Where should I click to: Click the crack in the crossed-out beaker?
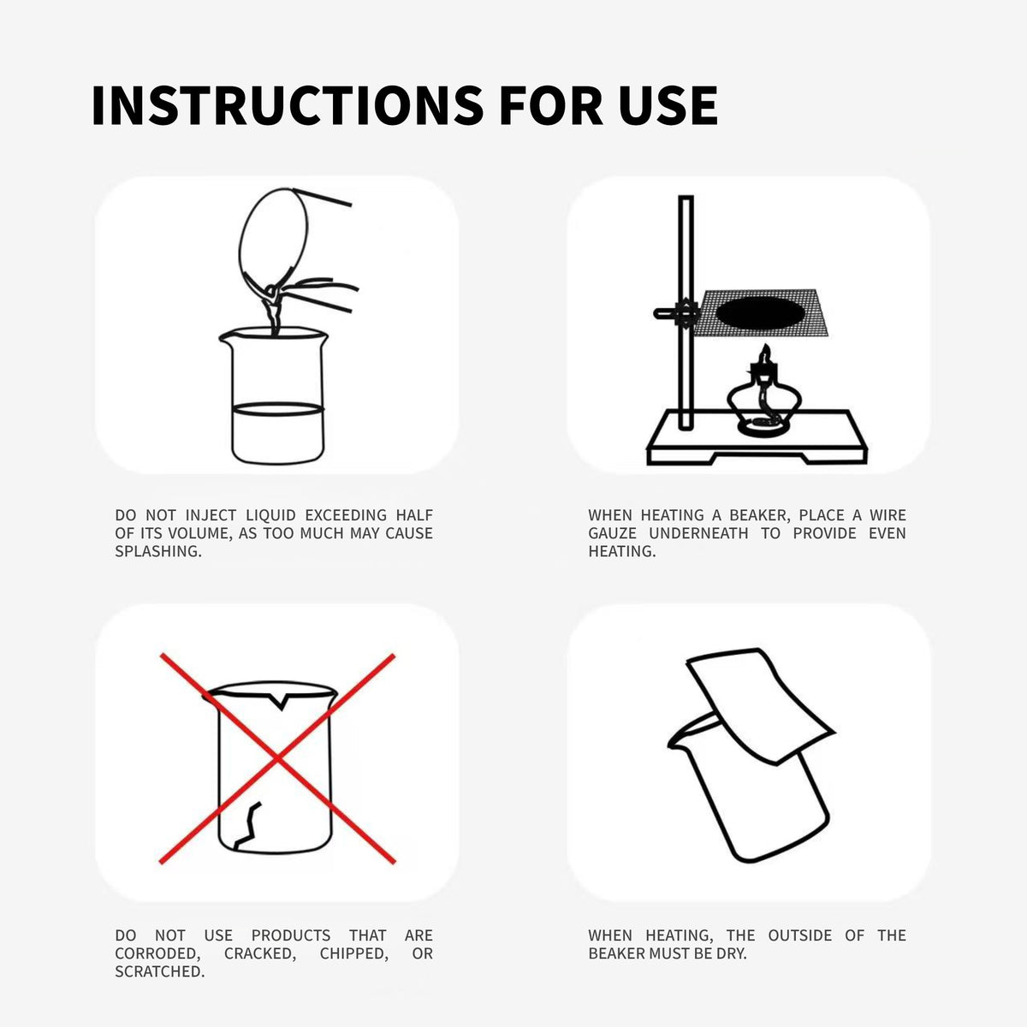248,826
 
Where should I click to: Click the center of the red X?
277,757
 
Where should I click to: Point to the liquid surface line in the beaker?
277,408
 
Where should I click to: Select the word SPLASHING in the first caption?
158,552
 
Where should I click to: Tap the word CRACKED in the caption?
260,953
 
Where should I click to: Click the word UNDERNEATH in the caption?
698,533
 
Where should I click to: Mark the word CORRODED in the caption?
157,953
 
